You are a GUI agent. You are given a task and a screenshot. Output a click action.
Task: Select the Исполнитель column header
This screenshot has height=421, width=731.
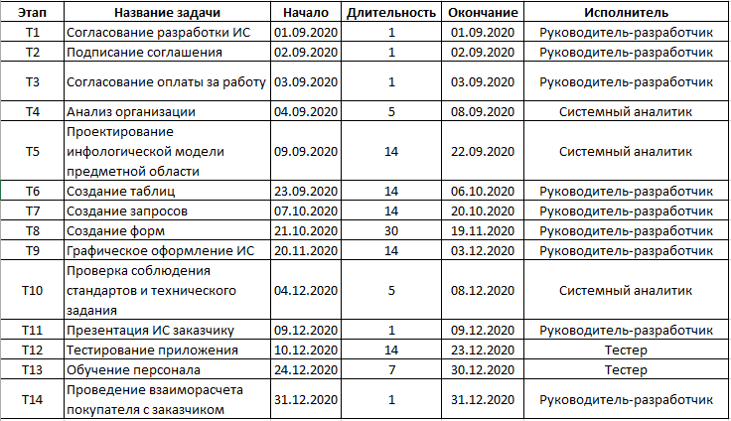click(626, 13)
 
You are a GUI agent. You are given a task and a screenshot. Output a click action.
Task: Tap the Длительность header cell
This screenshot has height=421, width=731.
click(391, 13)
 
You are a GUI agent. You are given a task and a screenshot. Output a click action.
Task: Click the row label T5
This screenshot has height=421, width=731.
click(33, 151)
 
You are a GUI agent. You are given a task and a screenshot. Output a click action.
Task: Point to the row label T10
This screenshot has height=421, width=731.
click(33, 290)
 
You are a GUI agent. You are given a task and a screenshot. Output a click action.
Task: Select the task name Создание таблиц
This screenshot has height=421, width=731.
click(117, 191)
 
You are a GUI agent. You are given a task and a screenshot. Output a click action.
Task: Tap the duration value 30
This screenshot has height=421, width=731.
click(391, 230)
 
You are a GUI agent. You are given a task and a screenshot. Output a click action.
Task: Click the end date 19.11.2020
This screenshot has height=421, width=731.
click(482, 230)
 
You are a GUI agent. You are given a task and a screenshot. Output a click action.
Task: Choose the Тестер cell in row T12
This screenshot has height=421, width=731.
click(626, 350)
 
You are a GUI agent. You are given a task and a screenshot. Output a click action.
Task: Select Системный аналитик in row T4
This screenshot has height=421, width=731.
click(626, 111)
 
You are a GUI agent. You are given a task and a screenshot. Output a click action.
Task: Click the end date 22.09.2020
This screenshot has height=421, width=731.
click(482, 151)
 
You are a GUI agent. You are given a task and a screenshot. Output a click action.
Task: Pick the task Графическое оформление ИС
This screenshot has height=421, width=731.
click(160, 250)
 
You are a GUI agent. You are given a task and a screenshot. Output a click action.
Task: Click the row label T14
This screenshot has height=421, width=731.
click(33, 399)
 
